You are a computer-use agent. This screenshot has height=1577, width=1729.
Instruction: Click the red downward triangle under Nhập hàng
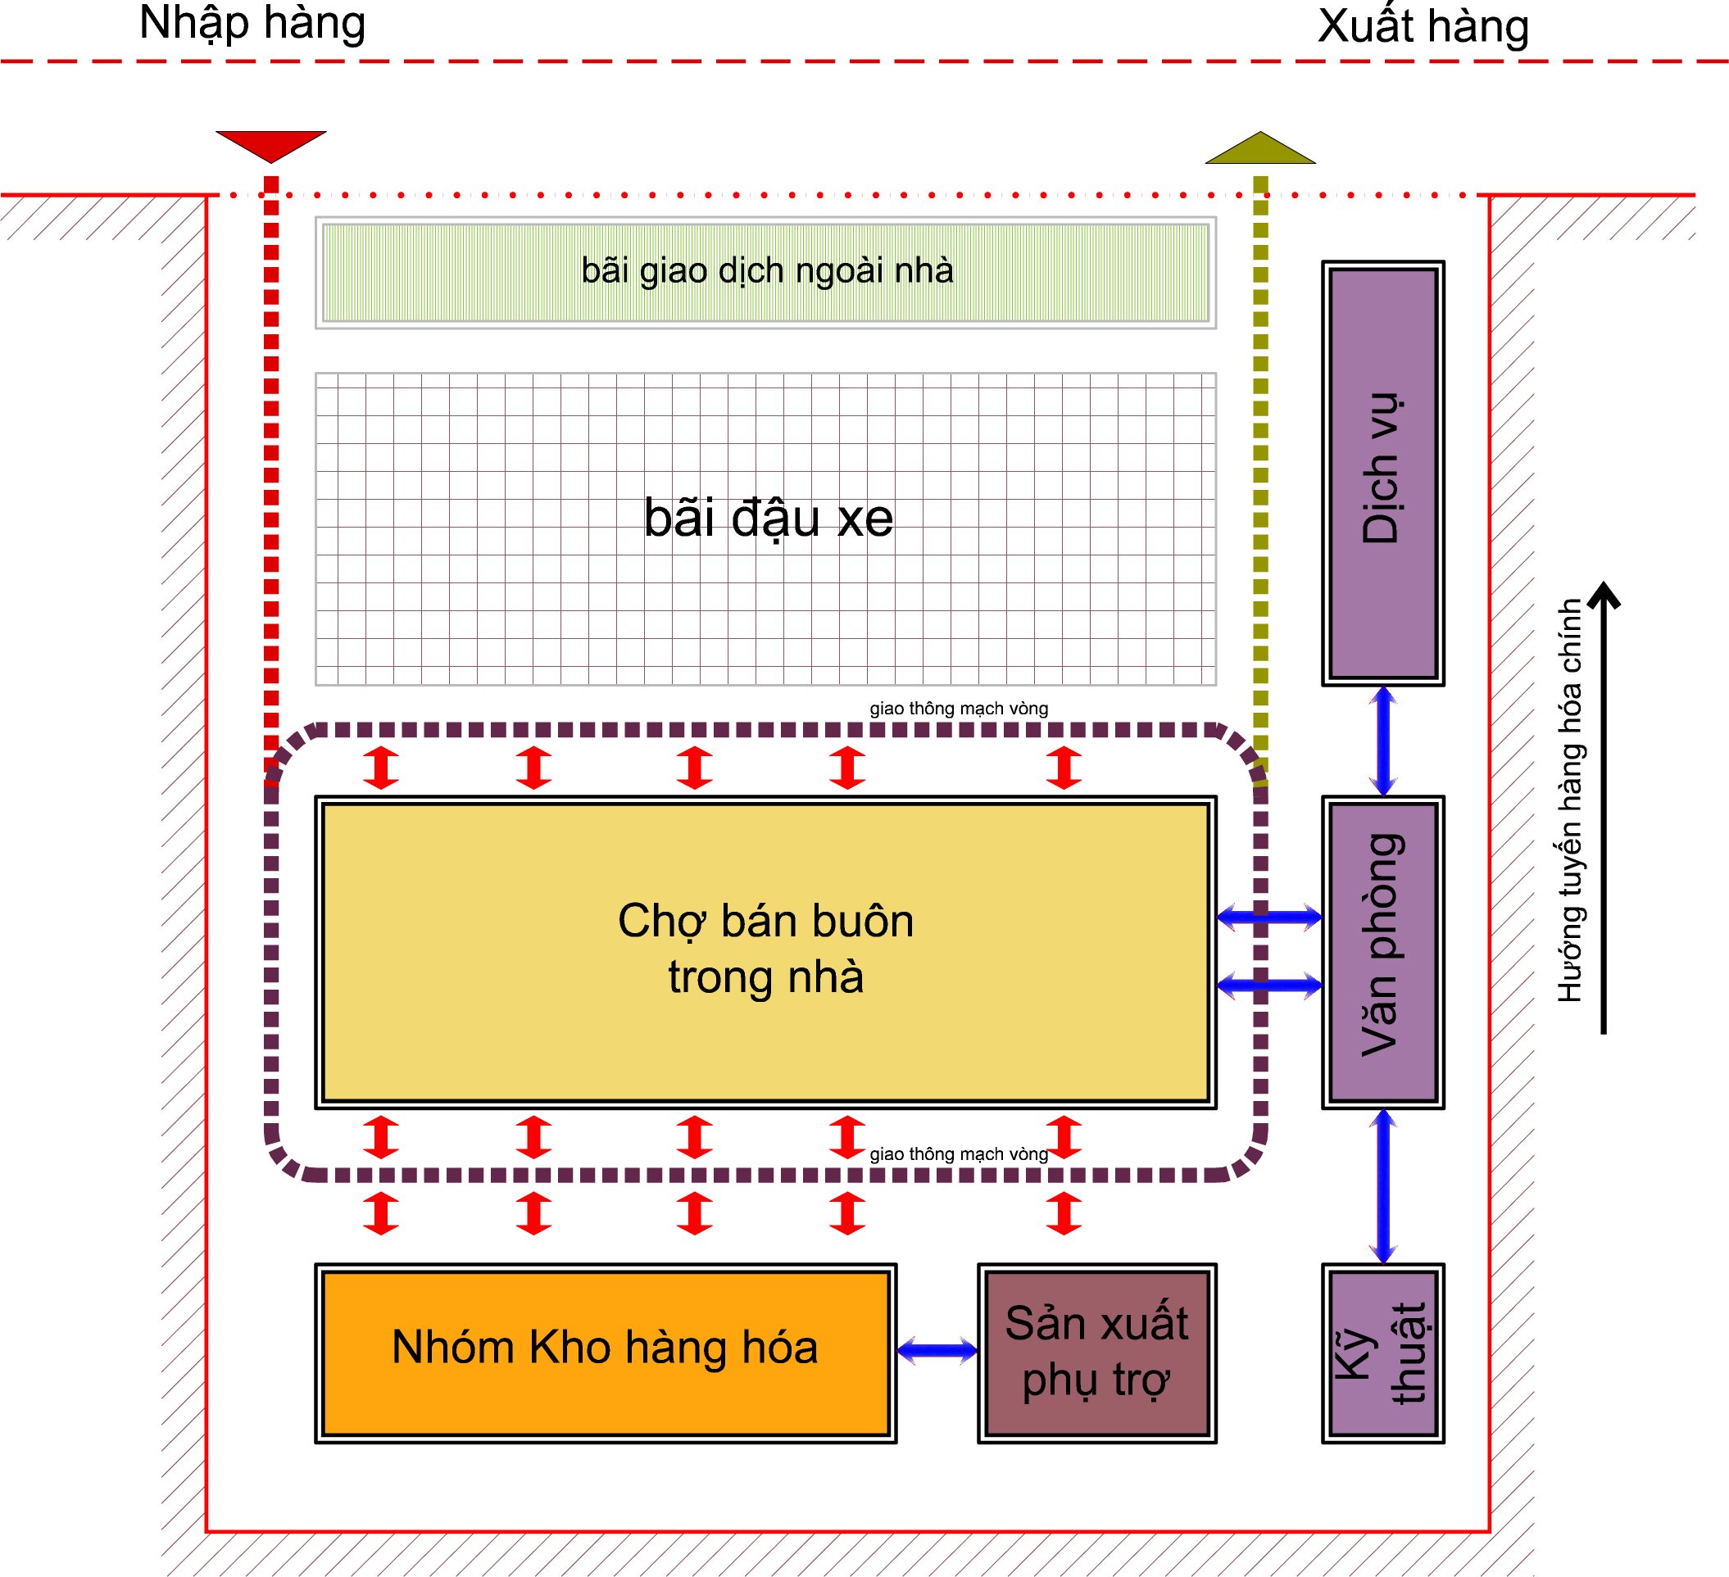[x=271, y=144]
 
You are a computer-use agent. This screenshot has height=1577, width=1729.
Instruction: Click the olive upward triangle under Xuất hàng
[x=1259, y=150]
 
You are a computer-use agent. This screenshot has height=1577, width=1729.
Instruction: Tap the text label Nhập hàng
[x=252, y=23]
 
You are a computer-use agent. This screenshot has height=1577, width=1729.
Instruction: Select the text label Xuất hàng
[x=1423, y=26]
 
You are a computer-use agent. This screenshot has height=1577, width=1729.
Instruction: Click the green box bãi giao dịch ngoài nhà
[x=766, y=272]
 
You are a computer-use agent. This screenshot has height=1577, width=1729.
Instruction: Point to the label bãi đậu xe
[x=768, y=518]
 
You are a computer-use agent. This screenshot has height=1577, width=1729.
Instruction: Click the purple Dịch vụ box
[x=1382, y=474]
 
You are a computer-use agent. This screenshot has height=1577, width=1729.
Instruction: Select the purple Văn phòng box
[x=1382, y=952]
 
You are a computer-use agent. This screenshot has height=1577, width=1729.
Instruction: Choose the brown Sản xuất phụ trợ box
[x=1097, y=1353]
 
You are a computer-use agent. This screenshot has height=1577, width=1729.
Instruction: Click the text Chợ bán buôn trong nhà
[x=766, y=949]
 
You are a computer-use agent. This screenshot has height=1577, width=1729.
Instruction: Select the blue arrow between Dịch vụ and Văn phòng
[x=1382, y=741]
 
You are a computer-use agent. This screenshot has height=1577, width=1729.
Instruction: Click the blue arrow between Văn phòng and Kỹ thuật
[x=1382, y=1186]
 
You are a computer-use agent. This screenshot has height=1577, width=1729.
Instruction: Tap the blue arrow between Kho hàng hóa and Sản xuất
[x=937, y=1352]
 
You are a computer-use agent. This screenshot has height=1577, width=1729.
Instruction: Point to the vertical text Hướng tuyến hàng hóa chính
[x=1568, y=801]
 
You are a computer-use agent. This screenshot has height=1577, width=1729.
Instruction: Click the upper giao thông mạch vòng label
[x=958, y=709]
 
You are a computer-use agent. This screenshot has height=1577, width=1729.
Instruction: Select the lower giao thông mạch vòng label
[x=958, y=1154]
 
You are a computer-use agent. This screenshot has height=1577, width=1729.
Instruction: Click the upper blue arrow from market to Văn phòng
[x=1269, y=918]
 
